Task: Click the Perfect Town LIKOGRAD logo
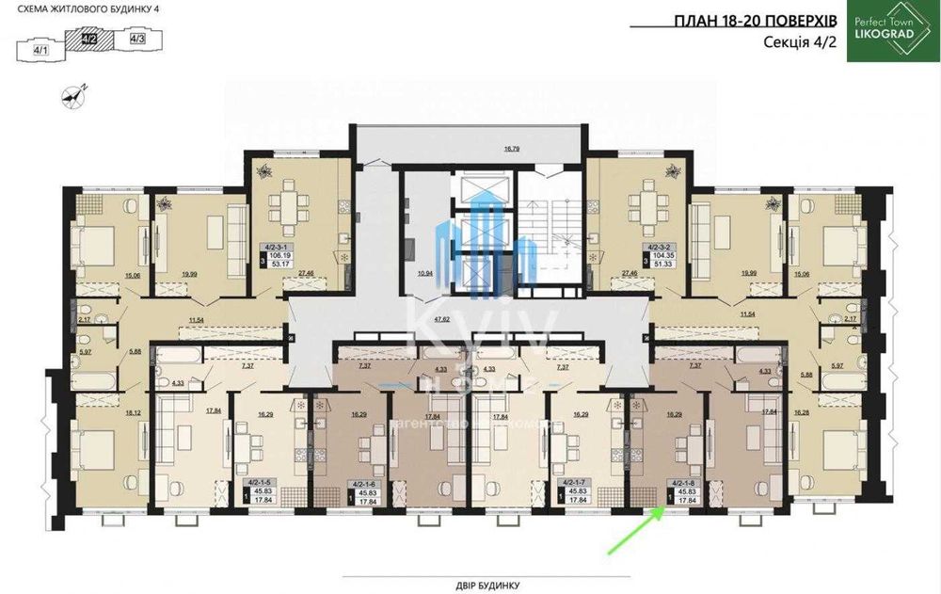(890, 31)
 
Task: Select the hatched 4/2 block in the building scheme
(91, 40)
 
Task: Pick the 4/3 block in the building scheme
(137, 40)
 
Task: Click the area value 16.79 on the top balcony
(512, 148)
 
